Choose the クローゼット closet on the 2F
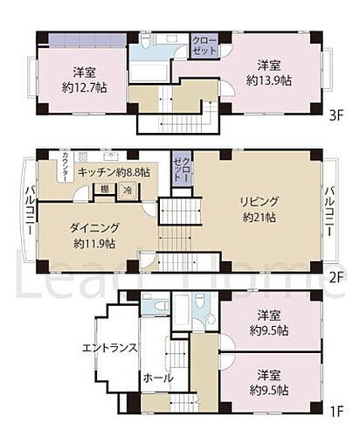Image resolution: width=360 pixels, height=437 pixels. click(x=182, y=166)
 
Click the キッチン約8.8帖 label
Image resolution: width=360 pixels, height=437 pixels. click(x=113, y=172)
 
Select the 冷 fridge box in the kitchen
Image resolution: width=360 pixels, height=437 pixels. click(x=127, y=191)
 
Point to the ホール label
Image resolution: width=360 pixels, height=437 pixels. click(x=158, y=378)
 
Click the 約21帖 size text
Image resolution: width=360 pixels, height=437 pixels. click(x=260, y=218)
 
